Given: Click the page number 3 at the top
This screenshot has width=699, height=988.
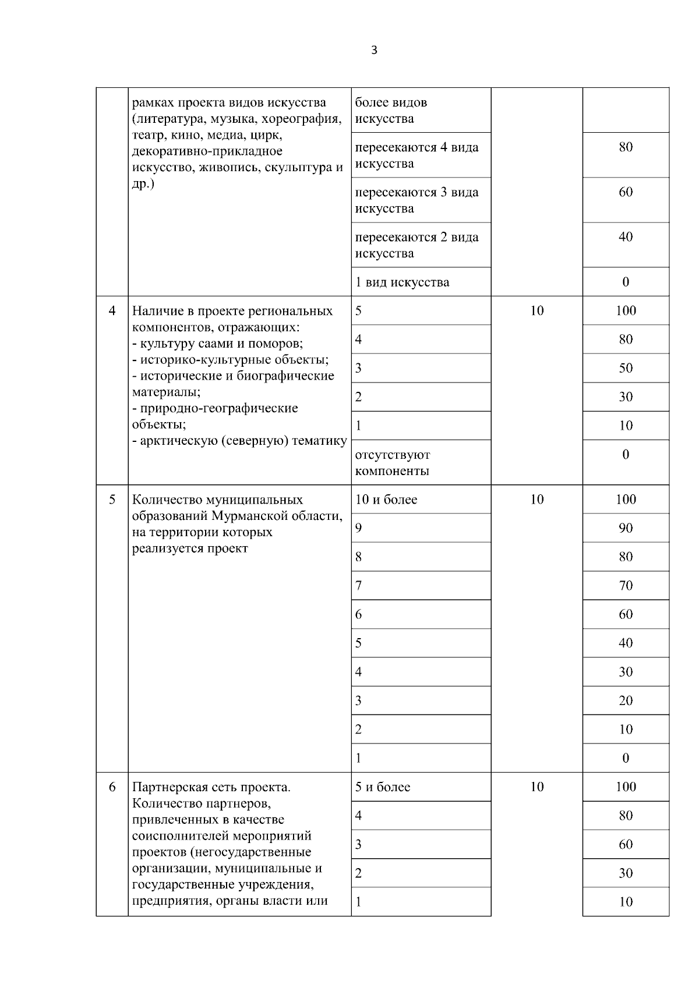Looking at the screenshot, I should [374, 51].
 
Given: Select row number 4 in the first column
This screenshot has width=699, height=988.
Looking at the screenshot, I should [112, 310].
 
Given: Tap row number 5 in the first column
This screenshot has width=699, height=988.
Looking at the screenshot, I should [112, 500].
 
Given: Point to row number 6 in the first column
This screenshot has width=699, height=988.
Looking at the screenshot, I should [112, 787].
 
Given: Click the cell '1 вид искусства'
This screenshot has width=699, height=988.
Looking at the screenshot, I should [402, 282].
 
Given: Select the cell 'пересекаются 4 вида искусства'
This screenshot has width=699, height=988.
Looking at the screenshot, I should [416, 155].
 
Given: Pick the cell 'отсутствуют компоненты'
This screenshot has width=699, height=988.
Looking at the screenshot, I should [393, 462].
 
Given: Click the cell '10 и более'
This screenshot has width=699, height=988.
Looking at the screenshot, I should [386, 500].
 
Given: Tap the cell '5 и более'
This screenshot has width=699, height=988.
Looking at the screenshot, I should [383, 787].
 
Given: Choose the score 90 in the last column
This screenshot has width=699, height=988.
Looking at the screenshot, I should [626, 528].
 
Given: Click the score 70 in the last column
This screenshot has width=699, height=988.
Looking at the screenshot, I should [626, 586].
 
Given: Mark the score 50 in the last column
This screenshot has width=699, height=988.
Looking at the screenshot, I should [626, 368].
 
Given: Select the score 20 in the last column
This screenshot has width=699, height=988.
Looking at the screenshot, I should [626, 700].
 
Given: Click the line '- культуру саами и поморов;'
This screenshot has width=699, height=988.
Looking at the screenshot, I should [217, 343].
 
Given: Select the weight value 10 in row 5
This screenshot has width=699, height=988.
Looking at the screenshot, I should [536, 500].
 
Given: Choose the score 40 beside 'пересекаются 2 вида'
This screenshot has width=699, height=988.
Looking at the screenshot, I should [626, 237].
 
